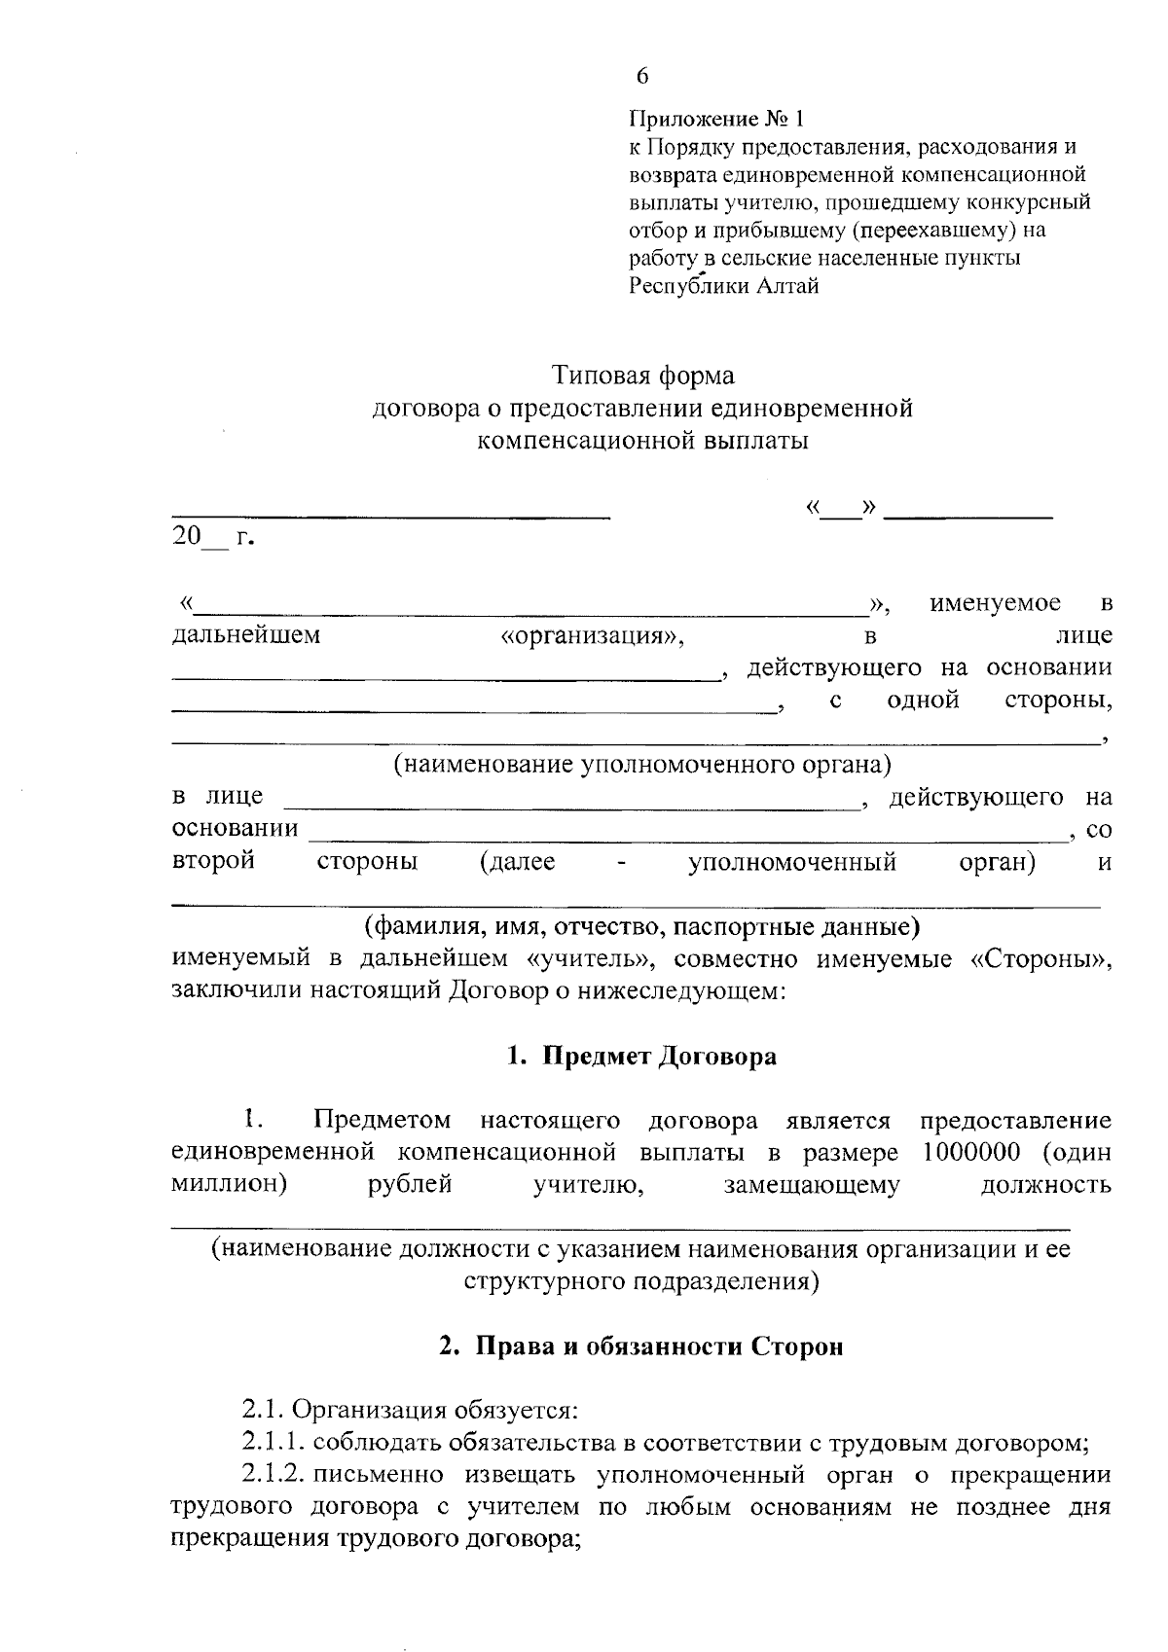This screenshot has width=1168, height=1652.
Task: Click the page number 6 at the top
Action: click(x=641, y=77)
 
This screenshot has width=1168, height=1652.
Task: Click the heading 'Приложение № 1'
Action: click(x=717, y=120)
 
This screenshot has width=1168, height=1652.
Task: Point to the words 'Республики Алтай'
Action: click(x=723, y=286)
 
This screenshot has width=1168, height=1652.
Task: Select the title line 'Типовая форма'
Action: click(x=643, y=375)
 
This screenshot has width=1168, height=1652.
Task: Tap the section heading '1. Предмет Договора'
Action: click(x=642, y=1057)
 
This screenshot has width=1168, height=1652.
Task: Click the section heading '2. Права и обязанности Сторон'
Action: click(x=642, y=1347)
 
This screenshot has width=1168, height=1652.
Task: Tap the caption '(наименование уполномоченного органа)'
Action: click(x=642, y=764)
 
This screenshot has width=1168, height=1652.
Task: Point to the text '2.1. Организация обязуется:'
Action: click(x=410, y=1410)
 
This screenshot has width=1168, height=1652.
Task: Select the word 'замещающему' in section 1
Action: click(x=812, y=1185)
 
